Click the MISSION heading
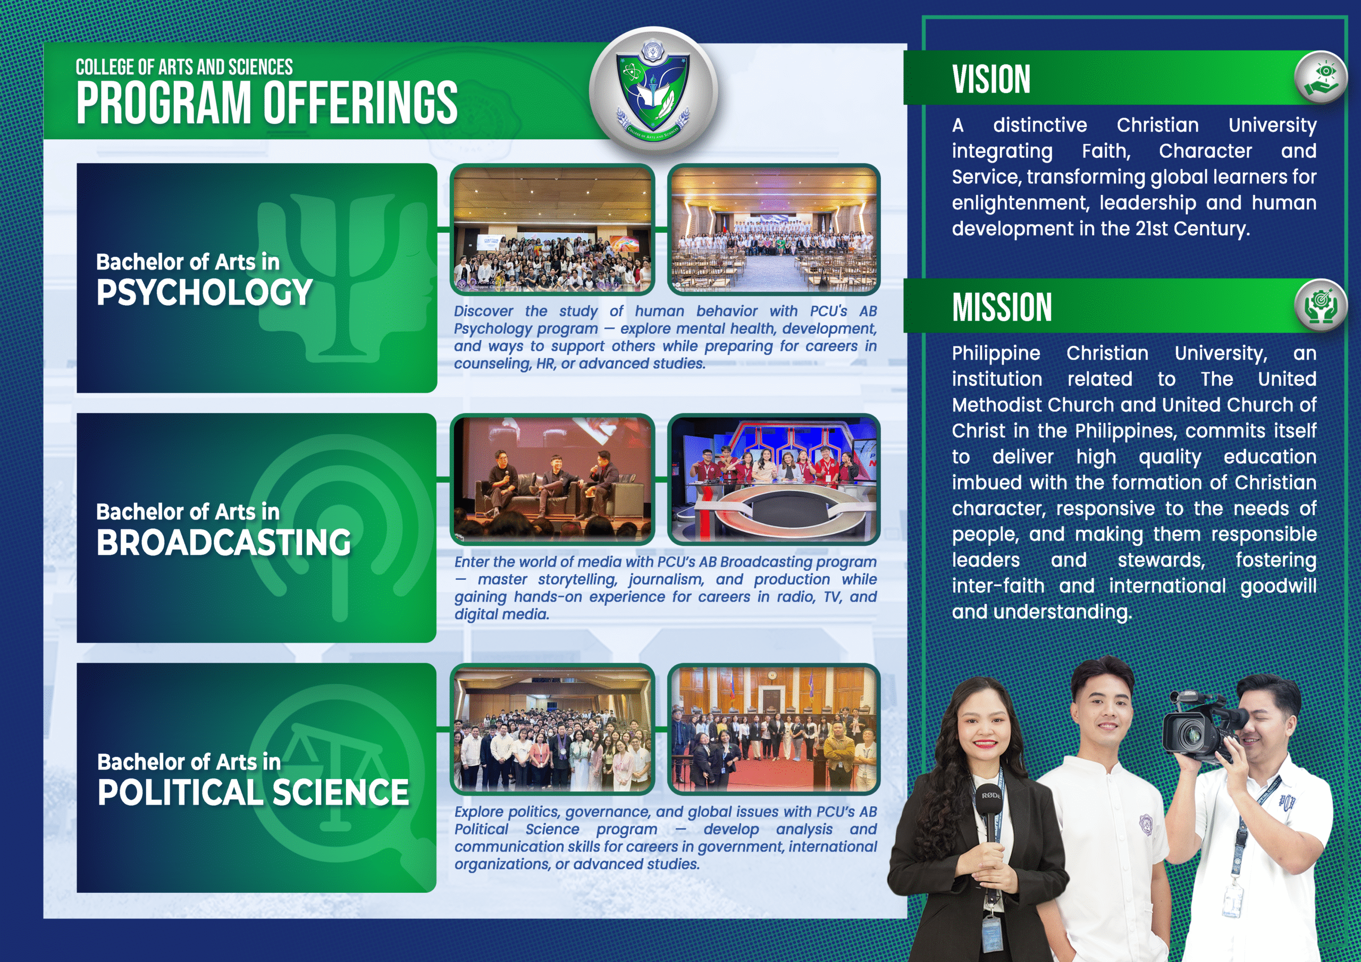pos(1002,307)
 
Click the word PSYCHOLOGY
pos(204,293)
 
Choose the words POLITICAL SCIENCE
pos(253,792)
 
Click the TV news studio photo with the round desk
pos(774,479)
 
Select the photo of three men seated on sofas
pos(552,479)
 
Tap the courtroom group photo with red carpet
pos(774,729)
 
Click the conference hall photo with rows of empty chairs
pos(774,230)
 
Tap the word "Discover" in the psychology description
pos(484,311)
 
